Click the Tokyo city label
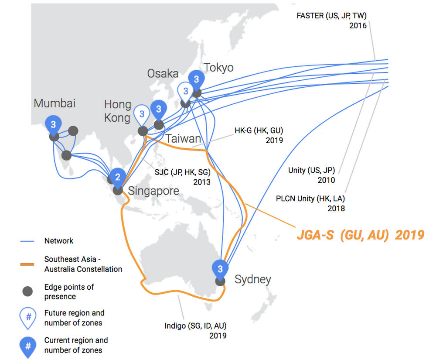coord(218,68)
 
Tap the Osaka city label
coord(163,74)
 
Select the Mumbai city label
coord(54,103)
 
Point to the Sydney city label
coord(253,279)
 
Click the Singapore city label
coord(153,191)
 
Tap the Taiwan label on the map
coord(183,139)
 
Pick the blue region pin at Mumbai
coord(53,126)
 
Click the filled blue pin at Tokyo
coord(196,81)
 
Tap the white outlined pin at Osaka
coord(186,93)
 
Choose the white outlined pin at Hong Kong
coord(142,116)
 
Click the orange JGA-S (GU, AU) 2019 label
coord(361,235)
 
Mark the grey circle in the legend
coord(27,291)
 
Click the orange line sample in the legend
coord(27,264)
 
